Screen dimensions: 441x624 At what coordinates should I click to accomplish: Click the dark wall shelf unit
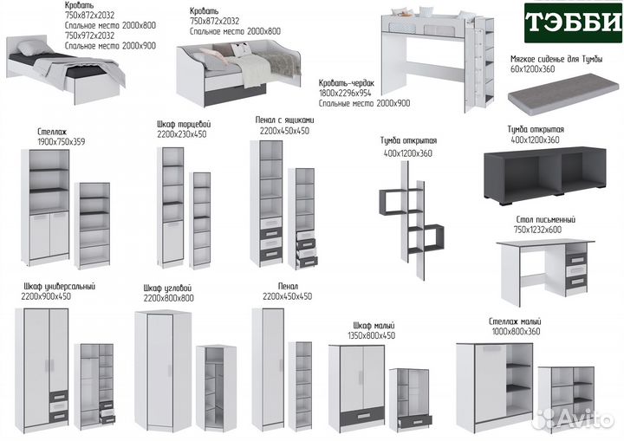tap(409, 223)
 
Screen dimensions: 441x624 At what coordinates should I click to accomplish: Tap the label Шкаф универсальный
tap(60, 286)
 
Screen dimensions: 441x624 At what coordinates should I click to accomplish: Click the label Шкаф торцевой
tap(185, 125)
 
